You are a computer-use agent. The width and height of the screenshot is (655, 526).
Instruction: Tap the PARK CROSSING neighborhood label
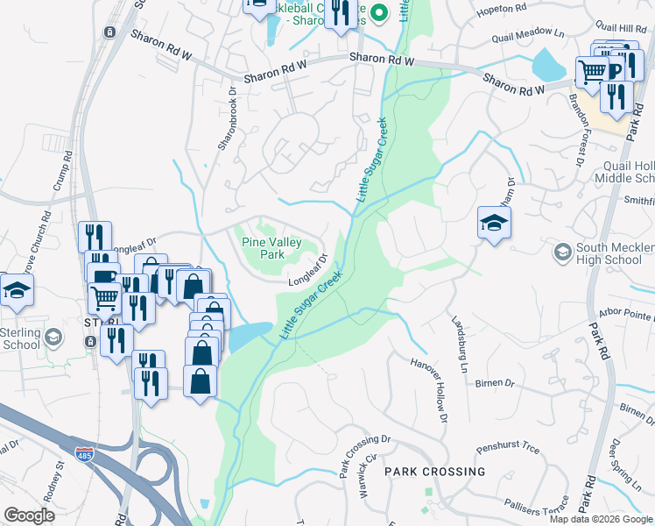click(434, 472)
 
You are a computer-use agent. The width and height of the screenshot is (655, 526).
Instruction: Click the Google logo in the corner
click(29, 515)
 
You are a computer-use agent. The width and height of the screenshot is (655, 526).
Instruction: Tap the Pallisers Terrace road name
click(535, 507)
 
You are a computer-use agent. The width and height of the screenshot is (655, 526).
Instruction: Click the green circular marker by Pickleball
click(378, 12)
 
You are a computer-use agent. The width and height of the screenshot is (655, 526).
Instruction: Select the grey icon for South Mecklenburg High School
click(562, 252)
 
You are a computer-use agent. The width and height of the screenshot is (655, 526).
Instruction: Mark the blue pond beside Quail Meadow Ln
click(548, 64)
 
